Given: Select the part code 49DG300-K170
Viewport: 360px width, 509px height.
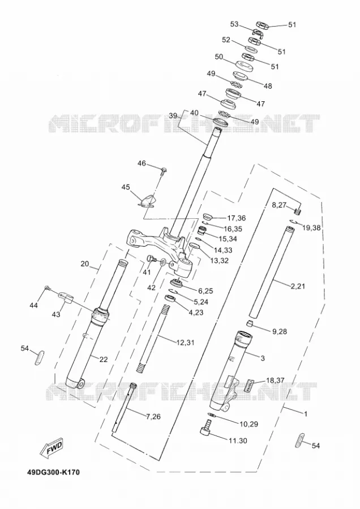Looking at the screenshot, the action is tap(53, 472).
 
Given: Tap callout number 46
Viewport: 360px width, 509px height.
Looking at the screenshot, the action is tap(142, 163).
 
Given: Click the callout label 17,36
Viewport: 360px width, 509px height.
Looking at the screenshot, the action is tap(237, 218).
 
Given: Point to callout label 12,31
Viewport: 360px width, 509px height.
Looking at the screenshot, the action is tap(185, 342).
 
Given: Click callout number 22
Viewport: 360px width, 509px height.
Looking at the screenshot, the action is tap(104, 359).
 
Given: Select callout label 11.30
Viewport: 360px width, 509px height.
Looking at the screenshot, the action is tap(238, 441).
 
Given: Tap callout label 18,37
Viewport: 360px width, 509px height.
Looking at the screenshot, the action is tap(275, 380).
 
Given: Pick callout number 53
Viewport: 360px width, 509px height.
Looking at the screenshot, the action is tap(234, 24).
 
